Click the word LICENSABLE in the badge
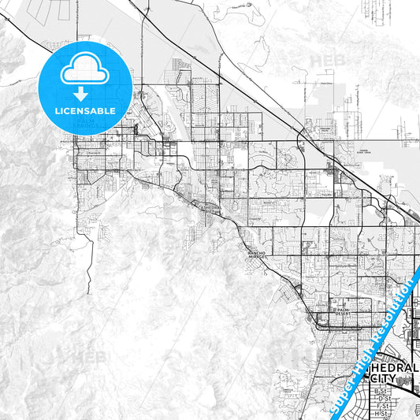pyautogui.click(x=86, y=111)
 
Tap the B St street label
pyautogui.click(x=382, y=391)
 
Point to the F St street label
pyautogui.click(x=382, y=406)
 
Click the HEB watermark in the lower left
pyautogui.click(x=88, y=356)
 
